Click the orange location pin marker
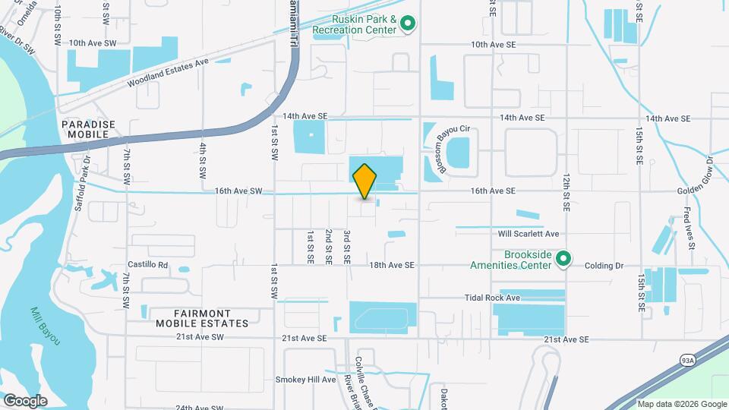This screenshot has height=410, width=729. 365,181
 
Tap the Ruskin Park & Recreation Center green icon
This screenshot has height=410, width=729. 408,24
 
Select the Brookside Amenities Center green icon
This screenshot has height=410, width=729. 563,260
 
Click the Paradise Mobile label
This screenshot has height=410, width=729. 89,128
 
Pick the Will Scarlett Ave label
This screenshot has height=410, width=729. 529,234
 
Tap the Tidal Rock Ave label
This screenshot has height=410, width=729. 493,298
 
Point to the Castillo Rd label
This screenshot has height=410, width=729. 147,265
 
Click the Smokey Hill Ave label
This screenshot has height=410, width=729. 305,379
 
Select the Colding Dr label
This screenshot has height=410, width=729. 604,266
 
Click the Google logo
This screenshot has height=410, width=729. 25,400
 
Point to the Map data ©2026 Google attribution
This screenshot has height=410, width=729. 681,404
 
